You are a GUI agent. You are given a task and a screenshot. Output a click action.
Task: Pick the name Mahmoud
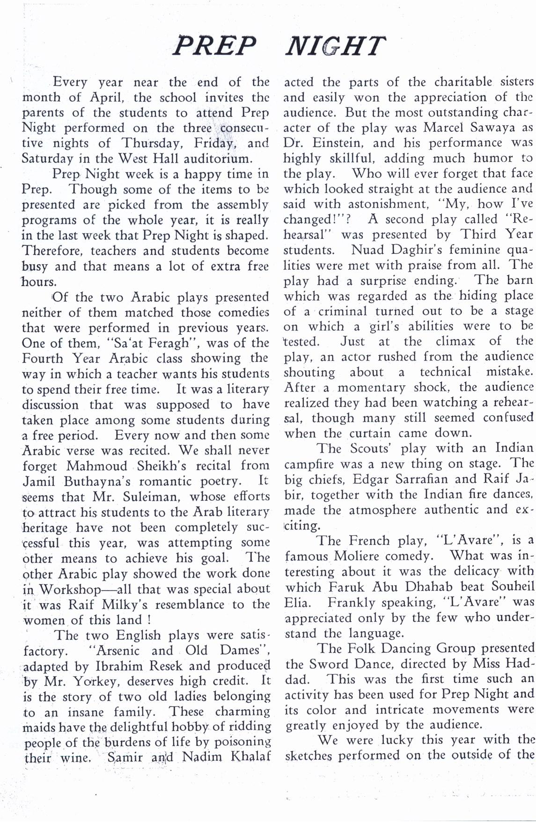(97, 466)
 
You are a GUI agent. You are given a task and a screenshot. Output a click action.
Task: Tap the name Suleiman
(147, 497)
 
